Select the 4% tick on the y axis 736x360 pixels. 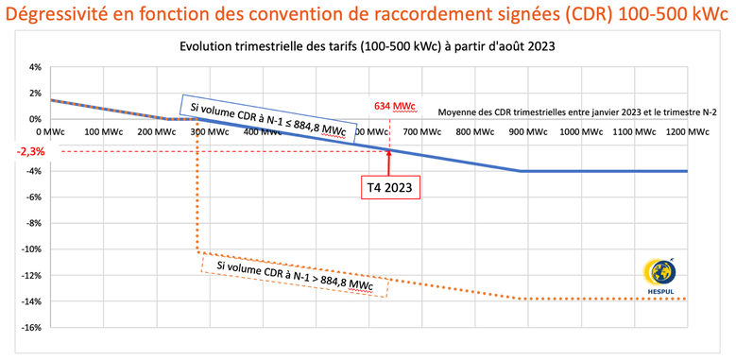pos(35,68)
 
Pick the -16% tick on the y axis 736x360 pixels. pos(31,327)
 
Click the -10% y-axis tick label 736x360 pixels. pos(31,249)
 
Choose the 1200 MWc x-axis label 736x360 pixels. pos(688,132)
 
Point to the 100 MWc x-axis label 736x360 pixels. pos(106,132)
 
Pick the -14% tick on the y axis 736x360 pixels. pos(31,301)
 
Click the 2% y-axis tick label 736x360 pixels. pos(35,94)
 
